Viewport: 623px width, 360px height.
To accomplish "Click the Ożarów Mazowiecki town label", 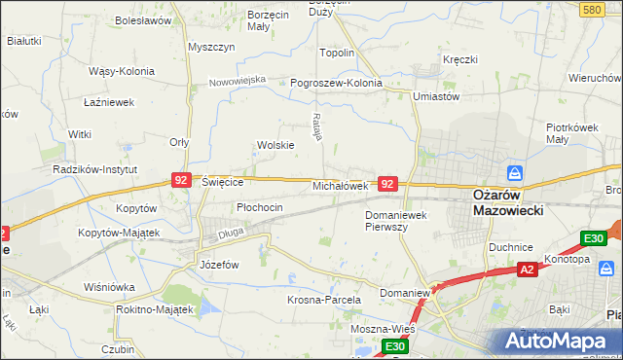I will coord(507,201).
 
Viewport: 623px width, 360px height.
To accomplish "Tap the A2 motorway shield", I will coord(527,269).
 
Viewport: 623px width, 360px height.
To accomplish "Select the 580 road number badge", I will coord(590,9).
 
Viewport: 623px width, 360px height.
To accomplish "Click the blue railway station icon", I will coord(516,173).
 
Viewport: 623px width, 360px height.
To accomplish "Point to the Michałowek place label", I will coord(340,185).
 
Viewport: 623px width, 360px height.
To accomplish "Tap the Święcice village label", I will coord(222,181).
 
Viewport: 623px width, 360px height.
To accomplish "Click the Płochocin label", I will coord(260,207).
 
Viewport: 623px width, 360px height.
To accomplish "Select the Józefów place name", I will coord(219,265).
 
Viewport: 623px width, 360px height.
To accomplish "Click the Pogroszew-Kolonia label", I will coord(336,83).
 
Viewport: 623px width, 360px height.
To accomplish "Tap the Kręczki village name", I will coord(459,59).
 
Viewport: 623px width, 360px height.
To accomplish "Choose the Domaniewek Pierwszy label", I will coord(399,220).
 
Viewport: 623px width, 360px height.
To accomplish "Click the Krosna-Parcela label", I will coord(324,300).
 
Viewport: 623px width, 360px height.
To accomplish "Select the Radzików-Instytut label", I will coord(93,168).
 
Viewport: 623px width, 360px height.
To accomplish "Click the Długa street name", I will coord(231,233).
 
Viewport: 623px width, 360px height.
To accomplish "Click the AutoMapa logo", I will coord(559,341).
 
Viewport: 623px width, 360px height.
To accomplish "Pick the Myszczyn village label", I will coord(212,47).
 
